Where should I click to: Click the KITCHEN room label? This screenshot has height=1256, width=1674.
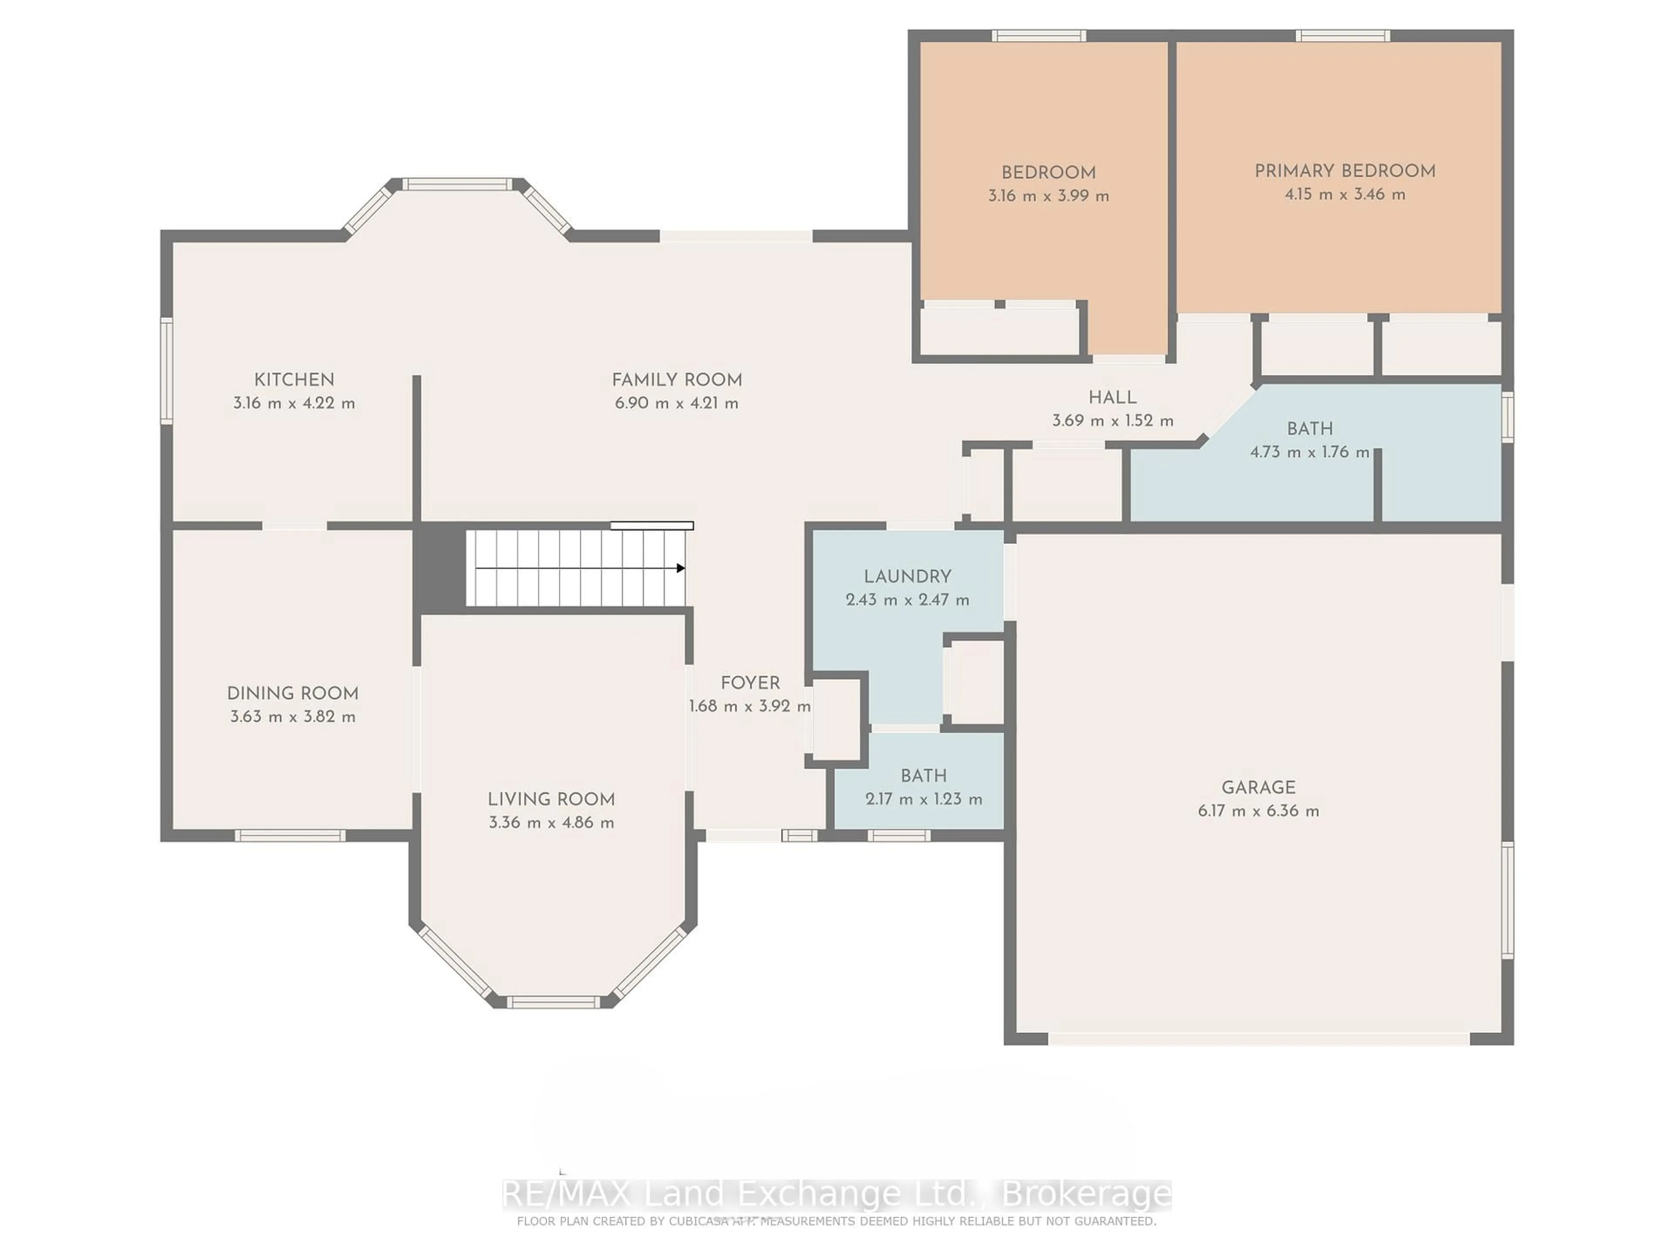(x=294, y=380)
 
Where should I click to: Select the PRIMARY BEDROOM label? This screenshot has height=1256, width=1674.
(x=1345, y=171)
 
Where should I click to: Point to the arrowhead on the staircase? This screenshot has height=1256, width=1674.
(x=680, y=568)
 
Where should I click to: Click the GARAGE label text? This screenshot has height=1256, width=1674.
(x=1258, y=787)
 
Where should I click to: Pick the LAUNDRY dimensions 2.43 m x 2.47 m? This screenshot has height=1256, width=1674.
(x=907, y=600)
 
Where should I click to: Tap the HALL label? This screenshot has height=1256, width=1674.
(x=1112, y=397)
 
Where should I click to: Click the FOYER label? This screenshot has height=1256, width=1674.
(x=749, y=683)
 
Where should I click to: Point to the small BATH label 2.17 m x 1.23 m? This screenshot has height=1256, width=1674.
(x=923, y=776)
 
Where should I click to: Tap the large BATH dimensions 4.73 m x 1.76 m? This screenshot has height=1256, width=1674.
(x=1309, y=452)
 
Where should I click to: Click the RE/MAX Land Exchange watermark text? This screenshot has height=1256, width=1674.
(x=836, y=1195)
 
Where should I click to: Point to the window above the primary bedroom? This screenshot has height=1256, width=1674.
(x=1343, y=36)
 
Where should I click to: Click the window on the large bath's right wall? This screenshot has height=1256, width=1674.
(x=1507, y=416)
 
